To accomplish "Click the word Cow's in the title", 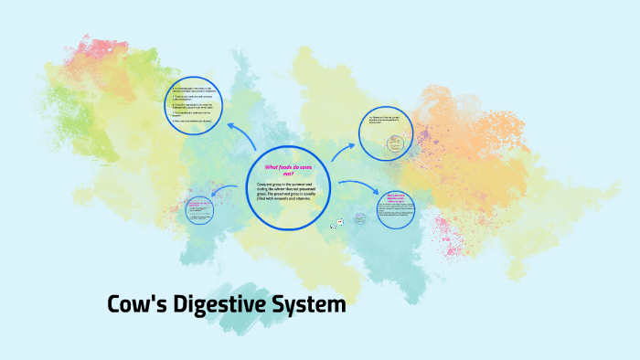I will [x=138, y=304].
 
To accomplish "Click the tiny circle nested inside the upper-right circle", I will [x=393, y=143].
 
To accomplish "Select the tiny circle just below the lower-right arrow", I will [x=359, y=219].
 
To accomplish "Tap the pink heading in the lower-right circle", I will [x=394, y=196].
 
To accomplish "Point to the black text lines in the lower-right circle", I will [x=395, y=212].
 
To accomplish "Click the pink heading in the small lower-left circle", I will [x=200, y=205].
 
